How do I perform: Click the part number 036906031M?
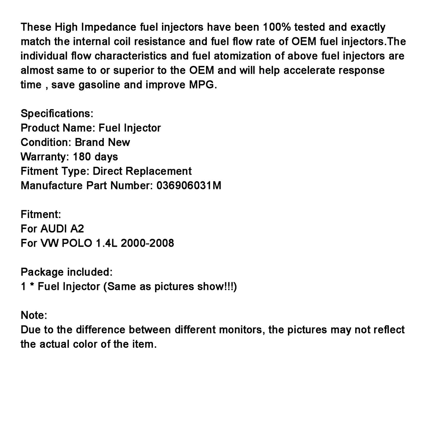pyautogui.click(x=189, y=186)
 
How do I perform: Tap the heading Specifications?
pyautogui.click(x=57, y=113)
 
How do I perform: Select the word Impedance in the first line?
pyautogui.click(x=108, y=27)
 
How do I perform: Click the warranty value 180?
pyautogui.click(x=82, y=157)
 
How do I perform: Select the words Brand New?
pyautogui.click(x=102, y=142)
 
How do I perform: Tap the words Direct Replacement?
pyautogui.click(x=142, y=171)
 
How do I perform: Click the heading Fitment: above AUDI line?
pyautogui.click(x=41, y=214)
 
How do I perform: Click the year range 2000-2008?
pyautogui.click(x=147, y=243)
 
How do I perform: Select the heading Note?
pyautogui.click(x=34, y=315)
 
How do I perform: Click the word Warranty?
pyautogui.click(x=45, y=157)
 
